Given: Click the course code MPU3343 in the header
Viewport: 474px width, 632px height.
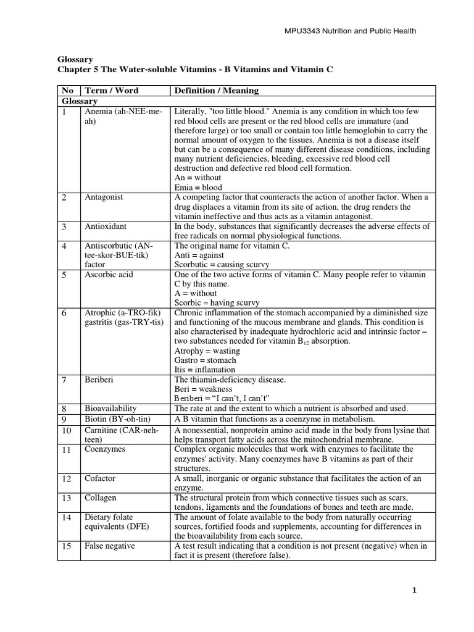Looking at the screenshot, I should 300,30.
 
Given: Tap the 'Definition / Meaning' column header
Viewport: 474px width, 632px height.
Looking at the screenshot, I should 216,91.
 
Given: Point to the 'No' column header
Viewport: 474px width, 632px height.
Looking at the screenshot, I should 68,91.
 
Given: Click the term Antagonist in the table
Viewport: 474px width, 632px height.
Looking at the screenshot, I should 104,197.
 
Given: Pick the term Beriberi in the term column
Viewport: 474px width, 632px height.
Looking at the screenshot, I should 99,379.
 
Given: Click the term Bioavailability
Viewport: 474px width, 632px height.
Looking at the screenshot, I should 110,409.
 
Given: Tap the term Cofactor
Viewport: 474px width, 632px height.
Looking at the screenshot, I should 100,478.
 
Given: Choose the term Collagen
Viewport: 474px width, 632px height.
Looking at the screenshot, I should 100,497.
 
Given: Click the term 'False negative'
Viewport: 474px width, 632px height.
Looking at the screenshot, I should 108,546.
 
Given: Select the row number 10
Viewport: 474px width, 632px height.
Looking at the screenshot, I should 67,430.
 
